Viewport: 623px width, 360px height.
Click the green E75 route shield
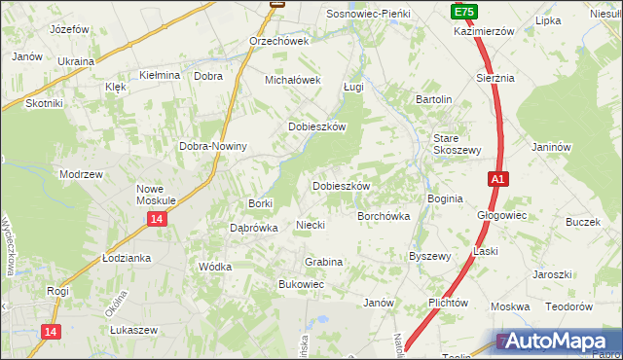(x=463, y=11)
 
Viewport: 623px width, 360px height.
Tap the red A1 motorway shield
(x=496, y=179)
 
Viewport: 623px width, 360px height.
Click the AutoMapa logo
(x=558, y=342)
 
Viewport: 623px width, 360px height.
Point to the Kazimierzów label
(x=483, y=31)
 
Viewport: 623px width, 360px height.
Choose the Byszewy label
(x=429, y=257)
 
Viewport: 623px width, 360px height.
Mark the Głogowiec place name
(x=501, y=216)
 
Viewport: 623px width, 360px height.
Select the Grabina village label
(x=323, y=262)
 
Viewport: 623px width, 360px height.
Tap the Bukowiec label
(x=301, y=284)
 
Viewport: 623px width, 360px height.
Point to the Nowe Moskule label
(x=156, y=194)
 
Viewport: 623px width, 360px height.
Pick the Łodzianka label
(x=127, y=258)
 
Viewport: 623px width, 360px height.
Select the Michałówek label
(x=293, y=80)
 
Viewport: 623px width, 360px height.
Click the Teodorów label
(x=568, y=306)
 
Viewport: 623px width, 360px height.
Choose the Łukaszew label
(x=133, y=330)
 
